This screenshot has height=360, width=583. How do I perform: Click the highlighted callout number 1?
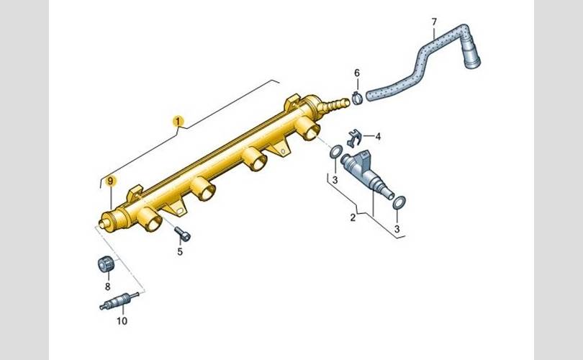coord(178,121)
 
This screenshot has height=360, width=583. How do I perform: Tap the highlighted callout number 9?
coord(110,181)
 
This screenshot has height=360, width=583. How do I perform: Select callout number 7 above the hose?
coord(434,22)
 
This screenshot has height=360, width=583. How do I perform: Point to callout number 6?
coord(357,73)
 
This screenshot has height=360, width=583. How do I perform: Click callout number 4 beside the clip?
coord(378,137)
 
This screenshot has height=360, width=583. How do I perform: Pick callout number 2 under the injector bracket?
coord(353,217)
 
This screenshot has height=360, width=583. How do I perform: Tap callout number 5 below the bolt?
coord(180,252)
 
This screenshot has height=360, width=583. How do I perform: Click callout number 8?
coord(107,287)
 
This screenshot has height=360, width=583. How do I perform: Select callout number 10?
coord(122,320)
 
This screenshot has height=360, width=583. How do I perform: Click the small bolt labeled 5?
coord(183,234)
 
